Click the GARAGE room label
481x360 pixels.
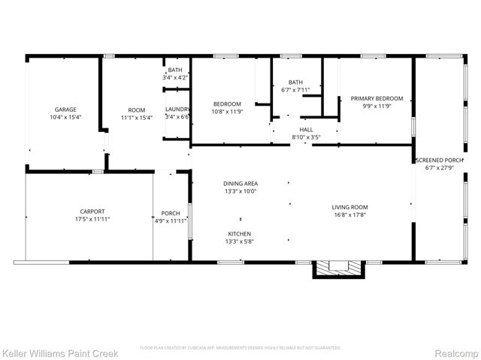pos(64,109)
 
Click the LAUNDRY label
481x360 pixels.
pos(178,109)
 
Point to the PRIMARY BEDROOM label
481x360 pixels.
pos(377,98)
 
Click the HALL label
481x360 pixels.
pos(306,129)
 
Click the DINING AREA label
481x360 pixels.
pos(240,184)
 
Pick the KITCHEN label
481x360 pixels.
pos(240,233)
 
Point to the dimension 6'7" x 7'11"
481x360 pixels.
pos(295,91)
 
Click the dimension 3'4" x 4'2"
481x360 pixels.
pos(175,78)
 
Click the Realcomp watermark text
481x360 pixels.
pos(455,352)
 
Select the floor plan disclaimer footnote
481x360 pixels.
pos(240,348)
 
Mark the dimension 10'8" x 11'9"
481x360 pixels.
pos(227,112)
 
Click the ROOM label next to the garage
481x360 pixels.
pos(137,109)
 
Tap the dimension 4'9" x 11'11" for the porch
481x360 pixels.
pos(170,220)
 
